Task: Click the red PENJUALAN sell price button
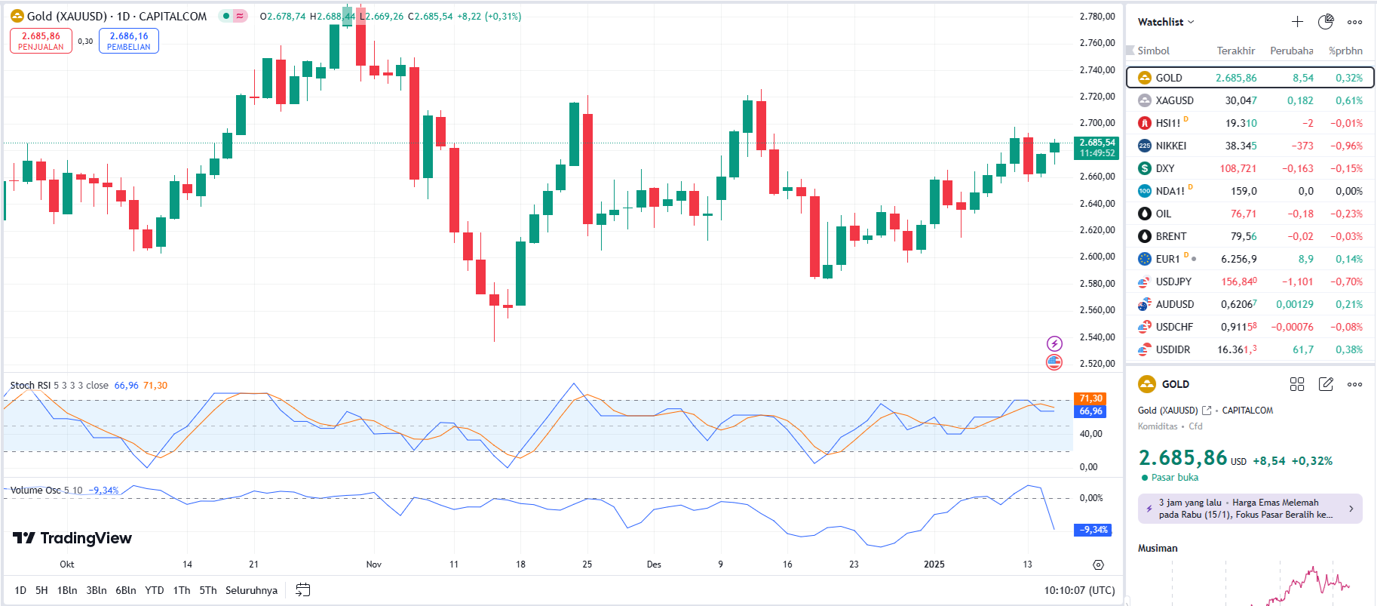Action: pyautogui.click(x=41, y=41)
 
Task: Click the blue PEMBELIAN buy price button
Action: pyautogui.click(x=128, y=41)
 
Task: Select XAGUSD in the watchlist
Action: pyautogui.click(x=1174, y=100)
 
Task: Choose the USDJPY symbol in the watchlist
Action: pyautogui.click(x=1173, y=281)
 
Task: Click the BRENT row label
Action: pyautogui.click(x=1170, y=236)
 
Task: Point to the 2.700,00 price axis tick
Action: pyautogui.click(x=1096, y=123)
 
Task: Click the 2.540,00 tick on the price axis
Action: pyautogui.click(x=1096, y=337)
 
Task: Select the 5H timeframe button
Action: pyautogui.click(x=41, y=590)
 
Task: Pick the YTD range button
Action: pyautogui.click(x=154, y=590)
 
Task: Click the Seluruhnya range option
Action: pyautogui.click(x=251, y=590)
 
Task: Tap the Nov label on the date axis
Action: pyautogui.click(x=373, y=564)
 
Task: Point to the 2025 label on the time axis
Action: pyautogui.click(x=934, y=564)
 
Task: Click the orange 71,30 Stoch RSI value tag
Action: pyautogui.click(x=1090, y=398)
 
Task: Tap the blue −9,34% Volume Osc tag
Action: pyautogui.click(x=1092, y=530)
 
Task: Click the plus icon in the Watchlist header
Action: pyautogui.click(x=1297, y=22)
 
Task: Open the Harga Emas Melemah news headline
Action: pyautogui.click(x=1249, y=509)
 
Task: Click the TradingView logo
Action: pyautogui.click(x=72, y=538)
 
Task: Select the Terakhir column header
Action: pyautogui.click(x=1235, y=51)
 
